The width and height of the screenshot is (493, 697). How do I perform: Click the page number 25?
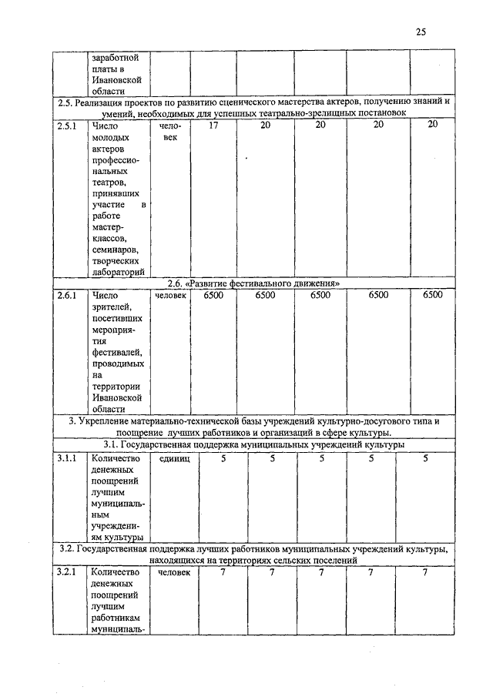pos(421,32)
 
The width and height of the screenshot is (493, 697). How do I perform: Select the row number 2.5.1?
pos(67,125)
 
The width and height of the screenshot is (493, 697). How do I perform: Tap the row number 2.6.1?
pos(67,296)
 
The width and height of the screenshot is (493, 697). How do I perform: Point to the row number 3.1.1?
pos(67,459)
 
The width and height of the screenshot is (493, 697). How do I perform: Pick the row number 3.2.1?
pos(67,572)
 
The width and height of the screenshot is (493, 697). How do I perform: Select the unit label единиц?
pos(174,459)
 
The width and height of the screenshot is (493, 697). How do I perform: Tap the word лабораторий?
pos(117,272)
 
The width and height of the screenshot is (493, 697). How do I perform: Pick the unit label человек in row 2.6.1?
pos(170,296)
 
